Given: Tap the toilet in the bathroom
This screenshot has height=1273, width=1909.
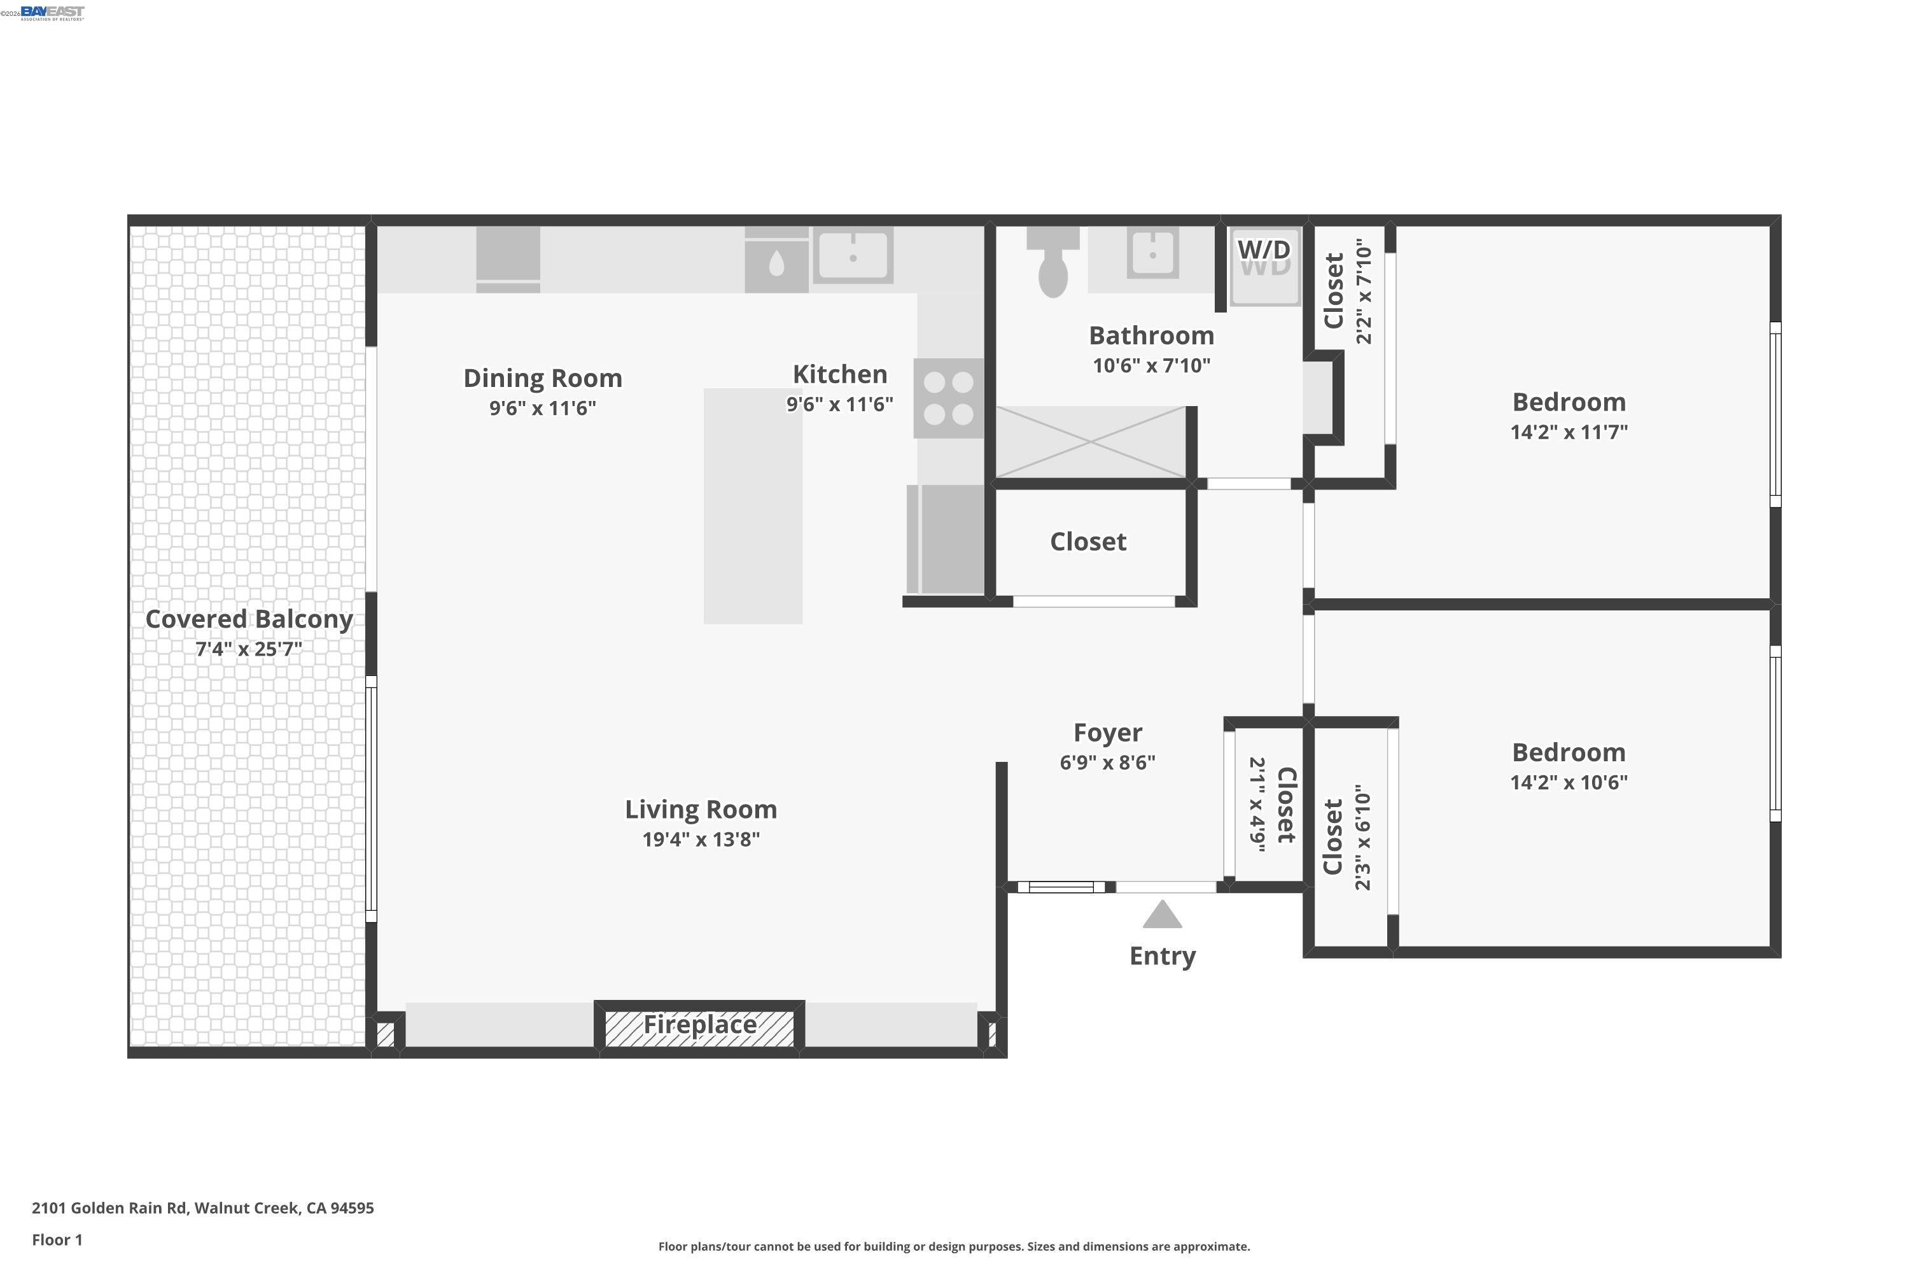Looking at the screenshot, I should (x=1052, y=268).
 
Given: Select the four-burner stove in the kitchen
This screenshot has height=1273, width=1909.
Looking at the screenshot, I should (x=948, y=398).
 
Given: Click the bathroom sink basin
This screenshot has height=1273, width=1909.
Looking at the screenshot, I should (x=1152, y=254).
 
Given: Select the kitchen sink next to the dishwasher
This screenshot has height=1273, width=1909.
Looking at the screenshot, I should (x=852, y=256).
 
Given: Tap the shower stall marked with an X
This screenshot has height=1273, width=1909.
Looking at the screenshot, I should (x=1090, y=442).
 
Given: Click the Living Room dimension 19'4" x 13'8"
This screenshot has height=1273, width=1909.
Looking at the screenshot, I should (x=701, y=840).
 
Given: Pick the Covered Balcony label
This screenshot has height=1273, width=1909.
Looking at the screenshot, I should (x=248, y=619).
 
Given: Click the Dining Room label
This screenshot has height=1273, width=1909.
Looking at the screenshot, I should (x=542, y=378).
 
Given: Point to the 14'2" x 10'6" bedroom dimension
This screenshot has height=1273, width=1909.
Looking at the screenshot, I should (x=1568, y=782).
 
